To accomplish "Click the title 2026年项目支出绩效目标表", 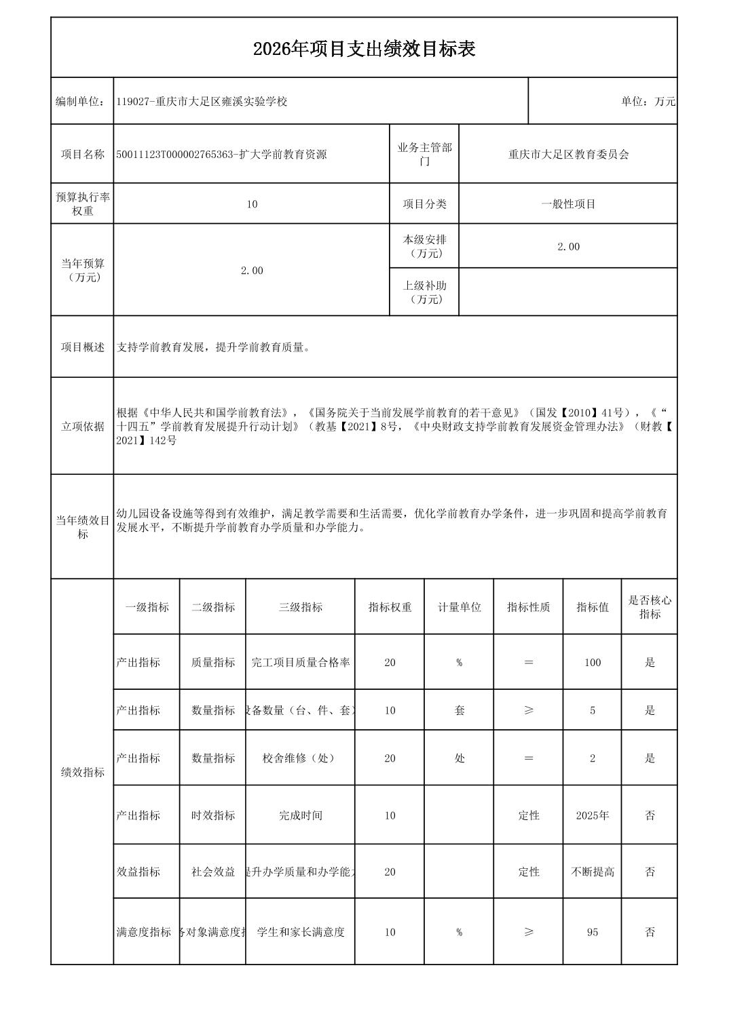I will pyautogui.click(x=364, y=49).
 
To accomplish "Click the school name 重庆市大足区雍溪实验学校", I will pyautogui.click(x=221, y=102).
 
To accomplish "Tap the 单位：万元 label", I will pyautogui.click(x=648, y=102).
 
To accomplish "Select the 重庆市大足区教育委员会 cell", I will pyautogui.click(x=568, y=155).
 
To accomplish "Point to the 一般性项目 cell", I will pyautogui.click(x=568, y=204).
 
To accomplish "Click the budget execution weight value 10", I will pyautogui.click(x=252, y=204).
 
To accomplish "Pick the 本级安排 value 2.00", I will pyautogui.click(x=568, y=247).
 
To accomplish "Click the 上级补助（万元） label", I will pyautogui.click(x=424, y=292).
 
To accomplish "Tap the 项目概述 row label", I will pyautogui.click(x=82, y=347).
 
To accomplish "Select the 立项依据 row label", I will pyautogui.click(x=82, y=426).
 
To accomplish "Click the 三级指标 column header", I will pyautogui.click(x=300, y=607).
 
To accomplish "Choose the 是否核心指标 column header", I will pyautogui.click(x=650, y=607).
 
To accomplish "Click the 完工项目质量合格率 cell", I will pyautogui.click(x=300, y=663).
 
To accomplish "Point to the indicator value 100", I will pyautogui.click(x=592, y=663).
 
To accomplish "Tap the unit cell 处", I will pyautogui.click(x=459, y=758).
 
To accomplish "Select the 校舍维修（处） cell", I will pyautogui.click(x=300, y=758).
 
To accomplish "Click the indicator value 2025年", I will pyautogui.click(x=592, y=815).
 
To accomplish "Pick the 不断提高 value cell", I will pyautogui.click(x=592, y=872).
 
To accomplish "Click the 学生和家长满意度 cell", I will pyautogui.click(x=300, y=932).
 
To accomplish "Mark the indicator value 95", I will pyautogui.click(x=592, y=932).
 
